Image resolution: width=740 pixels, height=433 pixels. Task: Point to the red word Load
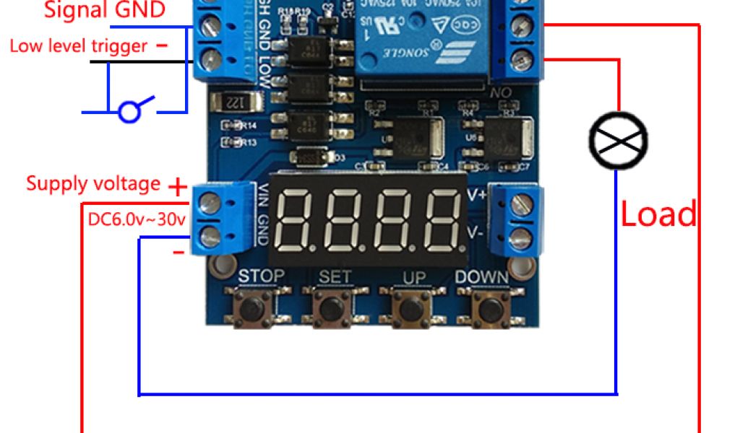pyautogui.click(x=659, y=214)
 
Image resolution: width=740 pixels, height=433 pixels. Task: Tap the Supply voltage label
pyautogui.click(x=93, y=183)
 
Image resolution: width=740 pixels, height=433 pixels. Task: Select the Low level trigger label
pyautogui.click(x=79, y=46)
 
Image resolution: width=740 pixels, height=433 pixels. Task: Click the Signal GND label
pyautogui.click(x=105, y=10)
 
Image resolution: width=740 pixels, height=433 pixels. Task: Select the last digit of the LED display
pyautogui.click(x=441, y=219)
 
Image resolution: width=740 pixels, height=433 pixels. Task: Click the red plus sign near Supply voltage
pyautogui.click(x=177, y=188)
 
